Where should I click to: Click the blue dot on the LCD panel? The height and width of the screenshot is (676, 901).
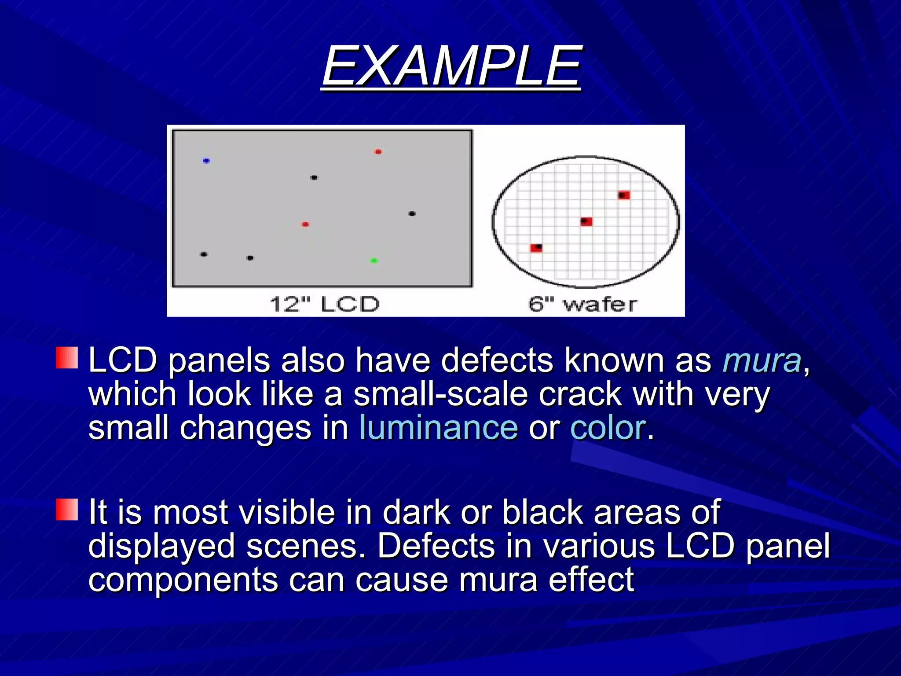tap(206, 161)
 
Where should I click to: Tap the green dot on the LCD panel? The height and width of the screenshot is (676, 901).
tap(374, 261)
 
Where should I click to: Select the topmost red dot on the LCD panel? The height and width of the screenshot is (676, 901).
tap(378, 152)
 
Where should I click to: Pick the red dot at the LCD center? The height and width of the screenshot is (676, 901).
tap(305, 224)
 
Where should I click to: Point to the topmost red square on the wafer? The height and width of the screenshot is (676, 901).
tap(624, 195)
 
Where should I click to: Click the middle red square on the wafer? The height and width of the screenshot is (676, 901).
tap(586, 221)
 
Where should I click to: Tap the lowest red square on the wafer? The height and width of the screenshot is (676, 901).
tap(536, 248)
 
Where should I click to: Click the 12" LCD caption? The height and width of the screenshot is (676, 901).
tap(324, 305)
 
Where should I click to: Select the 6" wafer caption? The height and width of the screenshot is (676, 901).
tap(582, 305)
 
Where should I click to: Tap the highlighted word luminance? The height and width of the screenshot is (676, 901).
tap(439, 428)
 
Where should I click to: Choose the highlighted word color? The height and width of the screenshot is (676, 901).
tap(608, 428)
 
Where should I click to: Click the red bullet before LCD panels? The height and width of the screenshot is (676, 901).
tap(67, 357)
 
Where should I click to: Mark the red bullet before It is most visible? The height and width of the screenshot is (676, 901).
tap(67, 510)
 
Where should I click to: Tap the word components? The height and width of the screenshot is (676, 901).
tap(183, 580)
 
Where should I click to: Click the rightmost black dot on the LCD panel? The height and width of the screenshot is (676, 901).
tap(412, 214)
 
